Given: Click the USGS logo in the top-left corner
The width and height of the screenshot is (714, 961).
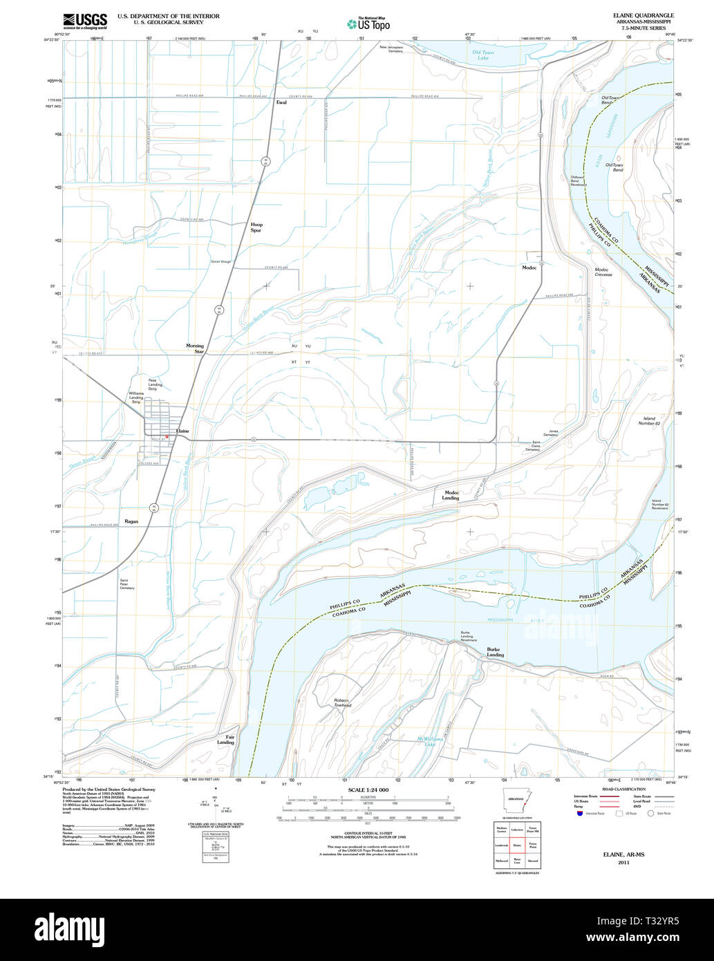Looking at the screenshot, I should click(x=84, y=20).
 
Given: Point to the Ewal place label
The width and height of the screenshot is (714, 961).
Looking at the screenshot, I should click(x=281, y=102).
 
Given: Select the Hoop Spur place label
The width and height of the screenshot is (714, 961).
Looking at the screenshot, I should click(x=256, y=227).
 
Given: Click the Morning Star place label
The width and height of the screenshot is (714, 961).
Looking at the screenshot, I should click(x=195, y=348).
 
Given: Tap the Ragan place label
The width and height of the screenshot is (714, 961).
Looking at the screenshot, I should click(x=131, y=521).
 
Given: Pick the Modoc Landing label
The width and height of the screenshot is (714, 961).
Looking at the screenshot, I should click(x=451, y=495).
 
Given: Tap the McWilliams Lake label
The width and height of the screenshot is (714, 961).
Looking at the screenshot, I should click(x=429, y=742).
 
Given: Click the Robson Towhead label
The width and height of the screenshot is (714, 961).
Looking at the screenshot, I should click(x=342, y=702).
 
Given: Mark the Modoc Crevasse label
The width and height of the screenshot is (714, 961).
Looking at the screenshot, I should click(x=603, y=272).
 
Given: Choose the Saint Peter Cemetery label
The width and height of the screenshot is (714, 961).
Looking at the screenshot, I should click(x=127, y=584).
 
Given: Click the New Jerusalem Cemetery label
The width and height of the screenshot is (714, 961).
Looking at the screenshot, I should click(x=391, y=49).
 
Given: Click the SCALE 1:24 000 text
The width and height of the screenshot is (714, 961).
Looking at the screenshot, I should click(x=368, y=790).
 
